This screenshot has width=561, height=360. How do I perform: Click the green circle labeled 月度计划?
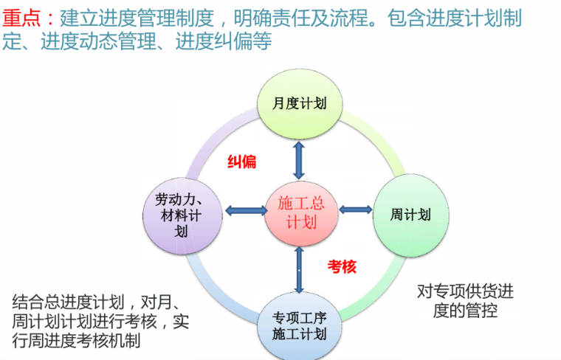[299, 103]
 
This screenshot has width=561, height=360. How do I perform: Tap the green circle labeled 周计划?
[410, 215]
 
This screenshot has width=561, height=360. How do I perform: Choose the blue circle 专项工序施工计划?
[299, 325]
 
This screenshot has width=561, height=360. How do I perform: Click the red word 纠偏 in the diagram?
[241, 162]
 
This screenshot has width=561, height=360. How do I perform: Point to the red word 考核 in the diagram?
[342, 266]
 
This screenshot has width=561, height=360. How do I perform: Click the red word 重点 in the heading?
[21, 15]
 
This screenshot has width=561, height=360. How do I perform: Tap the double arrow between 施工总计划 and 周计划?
[355, 211]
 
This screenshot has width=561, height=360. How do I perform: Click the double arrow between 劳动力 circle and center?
[244, 211]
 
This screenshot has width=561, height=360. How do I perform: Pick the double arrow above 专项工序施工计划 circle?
[298, 269]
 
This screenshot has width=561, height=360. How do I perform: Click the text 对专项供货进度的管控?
[465, 300]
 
